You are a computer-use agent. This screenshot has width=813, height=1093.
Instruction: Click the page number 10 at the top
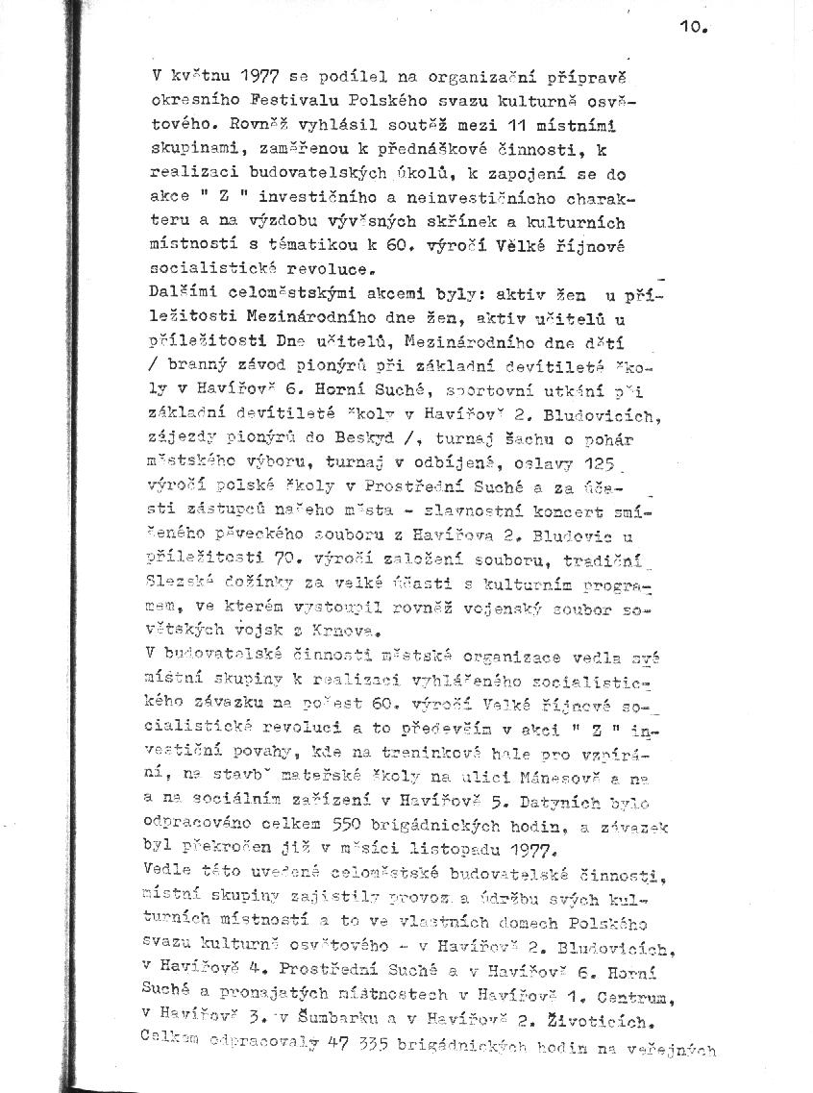click(x=691, y=29)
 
